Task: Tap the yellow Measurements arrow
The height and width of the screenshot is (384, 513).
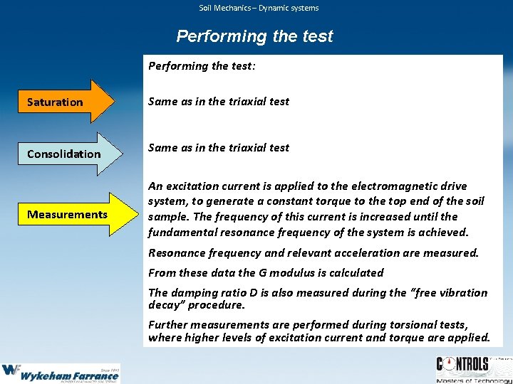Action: pyautogui.click(x=71, y=214)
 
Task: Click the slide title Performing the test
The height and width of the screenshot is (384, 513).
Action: pyautogui.click(x=254, y=36)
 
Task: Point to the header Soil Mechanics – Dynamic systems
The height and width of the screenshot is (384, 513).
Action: pyautogui.click(x=258, y=8)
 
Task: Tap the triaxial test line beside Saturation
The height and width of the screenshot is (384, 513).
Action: pyautogui.click(x=218, y=101)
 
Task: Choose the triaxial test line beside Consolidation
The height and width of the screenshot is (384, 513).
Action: pyautogui.click(x=218, y=147)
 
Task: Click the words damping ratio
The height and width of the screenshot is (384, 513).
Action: pyautogui.click(x=202, y=292)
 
